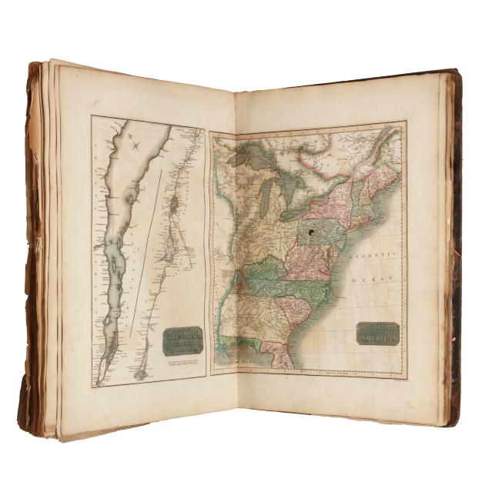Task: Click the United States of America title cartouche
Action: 377,333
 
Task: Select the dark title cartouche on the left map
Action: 183,340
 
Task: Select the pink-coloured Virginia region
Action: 308,266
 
